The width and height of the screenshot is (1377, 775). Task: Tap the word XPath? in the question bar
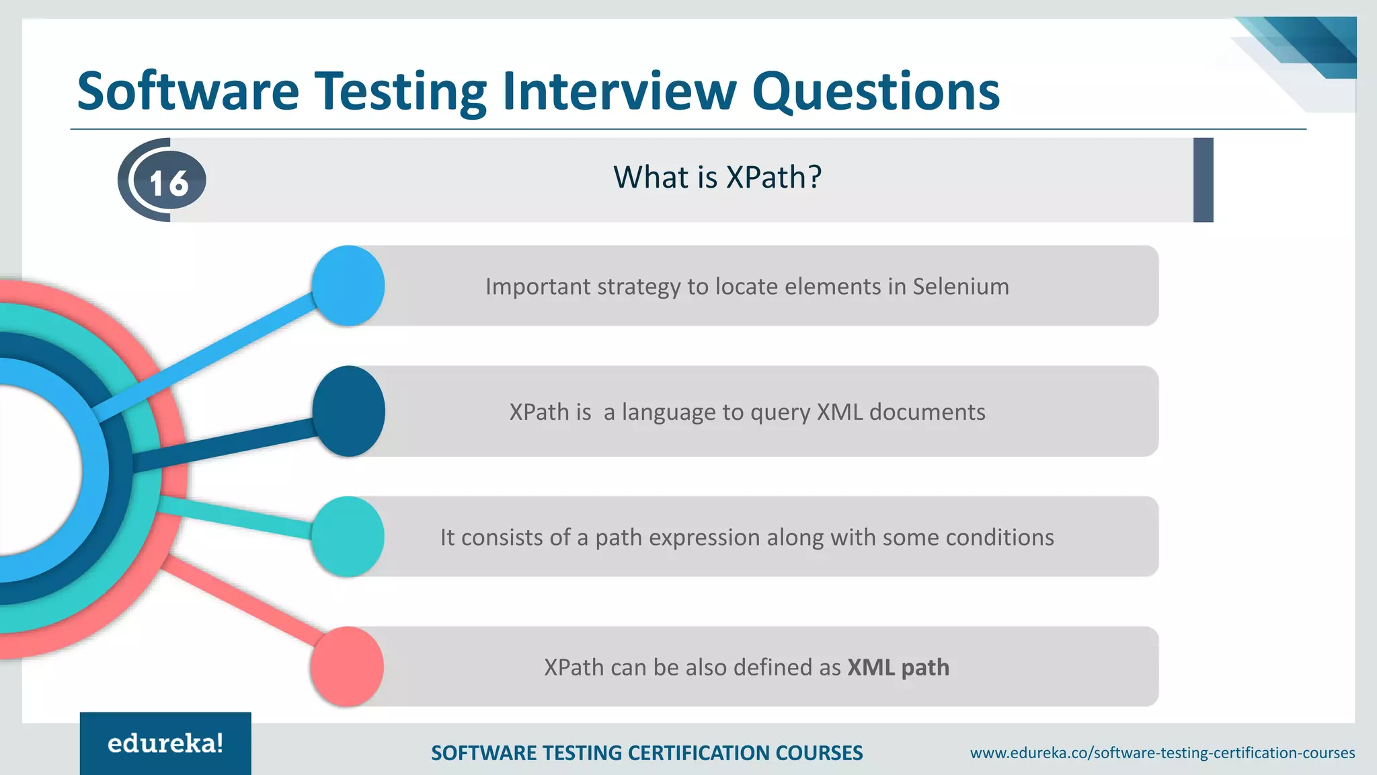(774, 178)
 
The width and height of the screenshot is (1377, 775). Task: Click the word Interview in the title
(619, 91)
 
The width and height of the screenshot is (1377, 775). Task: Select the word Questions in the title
(875, 91)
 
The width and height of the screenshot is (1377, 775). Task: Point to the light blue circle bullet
(348, 286)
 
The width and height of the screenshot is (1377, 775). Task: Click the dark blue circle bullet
(348, 411)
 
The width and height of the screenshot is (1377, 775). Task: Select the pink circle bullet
(347, 667)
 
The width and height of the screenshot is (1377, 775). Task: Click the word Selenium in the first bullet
(960, 287)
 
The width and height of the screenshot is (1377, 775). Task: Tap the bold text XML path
(898, 667)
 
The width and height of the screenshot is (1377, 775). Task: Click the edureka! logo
(165, 743)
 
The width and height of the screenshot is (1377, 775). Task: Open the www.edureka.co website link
(1162, 753)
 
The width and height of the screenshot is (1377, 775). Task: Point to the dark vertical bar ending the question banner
(1203, 180)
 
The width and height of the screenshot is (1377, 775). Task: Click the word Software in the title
(188, 91)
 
